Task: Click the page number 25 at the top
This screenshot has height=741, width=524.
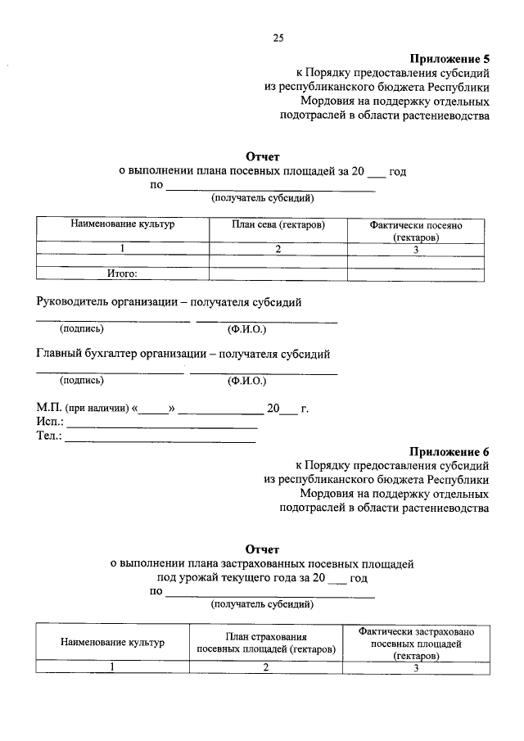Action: pos(278,38)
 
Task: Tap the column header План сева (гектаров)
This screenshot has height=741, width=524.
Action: pos(278,224)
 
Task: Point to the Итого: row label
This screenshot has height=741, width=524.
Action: pos(122,274)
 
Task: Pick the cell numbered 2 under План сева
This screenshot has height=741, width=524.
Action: pos(278,250)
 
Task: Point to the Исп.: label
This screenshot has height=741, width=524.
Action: pos(50,422)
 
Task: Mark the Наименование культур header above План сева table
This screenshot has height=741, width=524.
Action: pos(122,224)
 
